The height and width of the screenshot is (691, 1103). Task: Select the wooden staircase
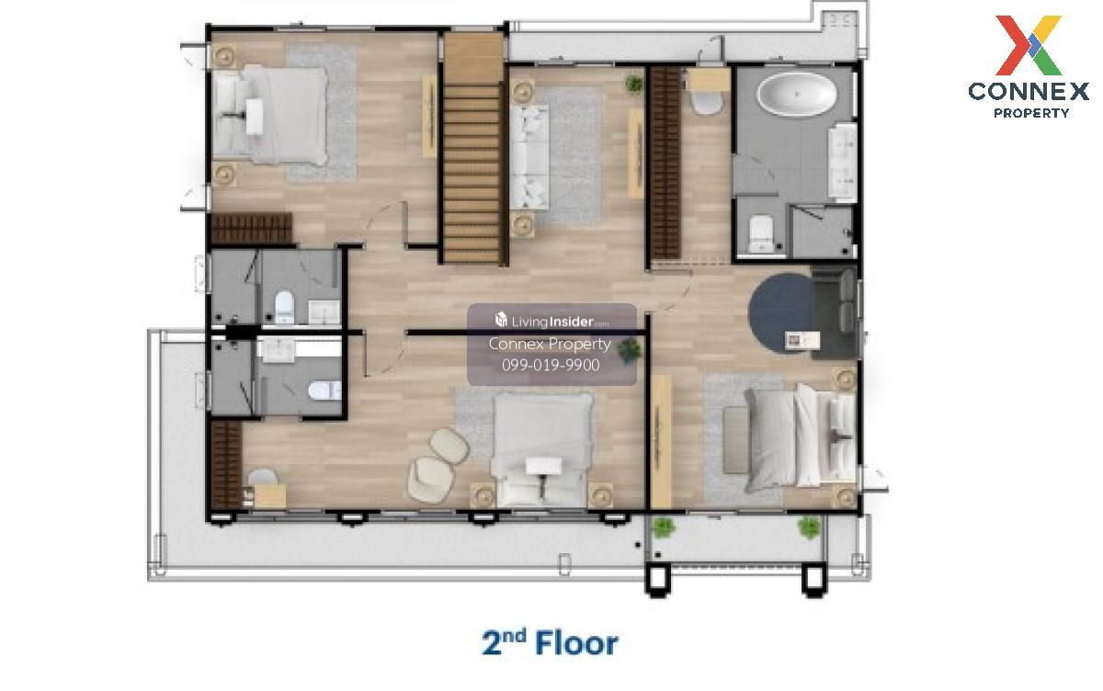[x=472, y=148]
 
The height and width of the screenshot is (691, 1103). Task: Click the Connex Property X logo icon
[x=1029, y=45]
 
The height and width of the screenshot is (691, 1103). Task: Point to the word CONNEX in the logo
[x=1029, y=92]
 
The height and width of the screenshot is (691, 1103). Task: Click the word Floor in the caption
[x=576, y=644]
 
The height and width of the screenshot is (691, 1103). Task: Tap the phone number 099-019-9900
[x=551, y=365]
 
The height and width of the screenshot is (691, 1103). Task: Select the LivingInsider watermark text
[x=551, y=322]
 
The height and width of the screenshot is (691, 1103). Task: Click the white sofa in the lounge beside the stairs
[x=529, y=156]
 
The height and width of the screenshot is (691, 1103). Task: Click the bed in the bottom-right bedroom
[x=801, y=437]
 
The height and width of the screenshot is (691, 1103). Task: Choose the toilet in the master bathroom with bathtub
[x=761, y=233]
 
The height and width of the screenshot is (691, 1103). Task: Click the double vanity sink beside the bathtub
[x=842, y=163]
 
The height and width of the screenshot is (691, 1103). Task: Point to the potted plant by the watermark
[x=630, y=350]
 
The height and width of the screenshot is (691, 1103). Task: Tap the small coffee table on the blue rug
[x=802, y=340]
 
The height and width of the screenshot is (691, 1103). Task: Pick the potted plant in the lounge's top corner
[x=634, y=84]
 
